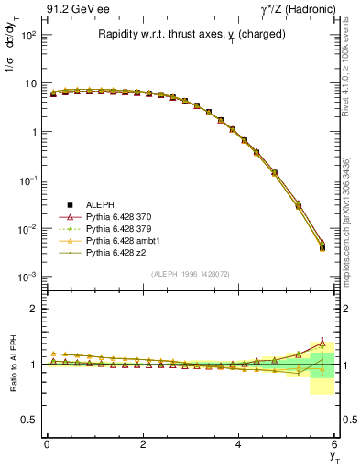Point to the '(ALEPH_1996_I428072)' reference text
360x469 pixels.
pos(191,274)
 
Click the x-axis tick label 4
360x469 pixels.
pos(238,443)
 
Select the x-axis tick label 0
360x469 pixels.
pos(47,443)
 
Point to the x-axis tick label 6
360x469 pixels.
pos(334,443)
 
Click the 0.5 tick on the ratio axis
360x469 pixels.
pos(31,420)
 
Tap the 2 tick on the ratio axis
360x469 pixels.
pos(35,309)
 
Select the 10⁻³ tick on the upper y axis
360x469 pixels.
pos(29,276)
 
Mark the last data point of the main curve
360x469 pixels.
pos(322,246)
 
